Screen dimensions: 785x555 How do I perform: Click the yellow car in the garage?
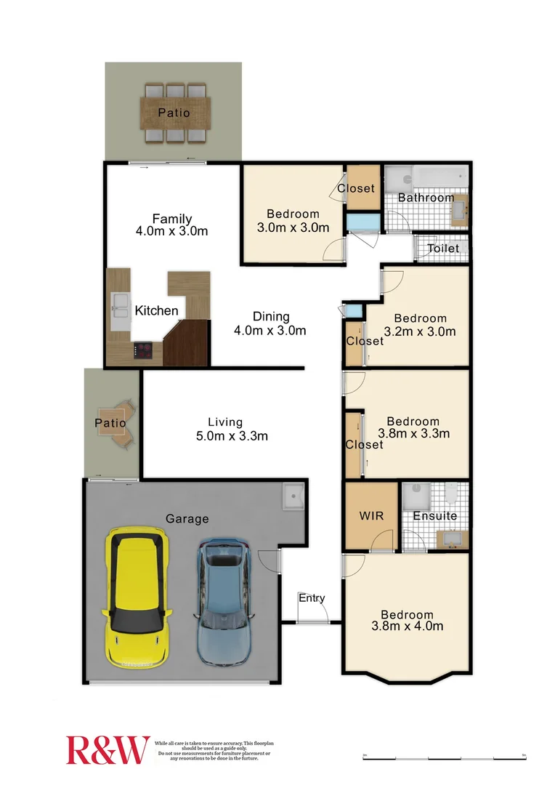pyautogui.click(x=139, y=599)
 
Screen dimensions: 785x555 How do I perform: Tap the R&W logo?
pyautogui.click(x=108, y=749)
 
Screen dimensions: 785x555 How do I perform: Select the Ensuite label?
pyautogui.click(x=435, y=516)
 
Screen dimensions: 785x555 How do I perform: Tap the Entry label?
pyautogui.click(x=312, y=598)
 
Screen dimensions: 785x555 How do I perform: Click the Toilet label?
pyautogui.click(x=443, y=249)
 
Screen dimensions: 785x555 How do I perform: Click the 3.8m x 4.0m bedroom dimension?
pyautogui.click(x=407, y=627)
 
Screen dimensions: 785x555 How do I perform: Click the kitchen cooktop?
pyautogui.click(x=143, y=351)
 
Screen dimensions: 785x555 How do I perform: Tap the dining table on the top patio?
pyautogui.click(x=174, y=113)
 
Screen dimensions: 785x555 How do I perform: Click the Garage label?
pyautogui.click(x=187, y=519)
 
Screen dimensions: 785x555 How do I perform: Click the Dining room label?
pyautogui.click(x=271, y=317)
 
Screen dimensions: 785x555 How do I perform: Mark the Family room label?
pyautogui.click(x=172, y=219)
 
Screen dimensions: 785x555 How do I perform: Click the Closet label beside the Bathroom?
pyautogui.click(x=356, y=188)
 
